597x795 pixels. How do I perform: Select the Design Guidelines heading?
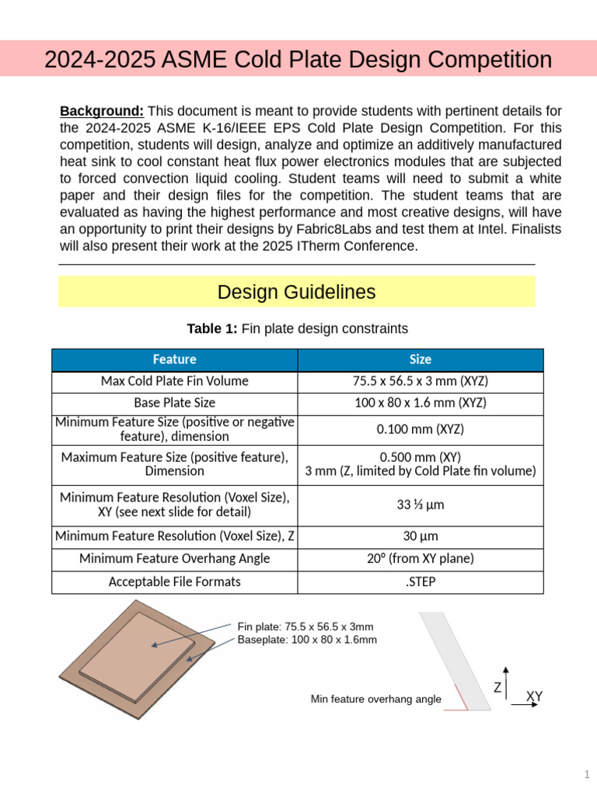(x=296, y=292)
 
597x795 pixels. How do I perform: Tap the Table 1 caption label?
(x=212, y=329)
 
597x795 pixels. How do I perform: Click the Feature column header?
(x=174, y=359)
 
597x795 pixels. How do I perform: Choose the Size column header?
(x=420, y=359)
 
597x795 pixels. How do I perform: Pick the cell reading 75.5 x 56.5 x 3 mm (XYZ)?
(x=420, y=381)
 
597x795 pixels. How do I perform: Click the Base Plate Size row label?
(x=174, y=403)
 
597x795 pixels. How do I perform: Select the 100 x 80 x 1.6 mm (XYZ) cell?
(x=420, y=403)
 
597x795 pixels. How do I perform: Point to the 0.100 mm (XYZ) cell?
(x=420, y=429)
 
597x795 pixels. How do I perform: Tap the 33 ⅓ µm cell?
(x=420, y=505)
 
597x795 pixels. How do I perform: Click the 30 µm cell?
(x=420, y=536)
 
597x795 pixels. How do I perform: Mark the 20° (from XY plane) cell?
(x=420, y=559)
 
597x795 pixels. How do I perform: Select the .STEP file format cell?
(x=420, y=581)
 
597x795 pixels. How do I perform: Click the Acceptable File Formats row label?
(x=174, y=581)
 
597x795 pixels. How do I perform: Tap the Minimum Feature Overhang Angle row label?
(x=174, y=559)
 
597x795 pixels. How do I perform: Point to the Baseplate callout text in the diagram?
(x=307, y=640)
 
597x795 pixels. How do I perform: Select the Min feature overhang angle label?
(x=375, y=700)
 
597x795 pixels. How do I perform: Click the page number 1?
(x=587, y=774)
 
